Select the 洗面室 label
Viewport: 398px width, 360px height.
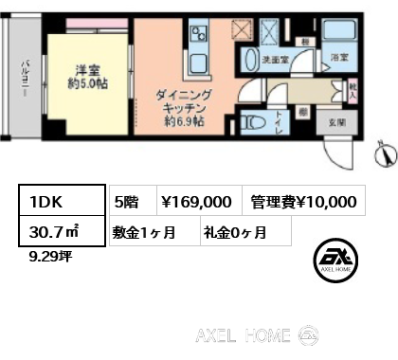[276, 59]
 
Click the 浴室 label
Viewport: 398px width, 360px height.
[338, 58]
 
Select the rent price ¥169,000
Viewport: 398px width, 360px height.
[197, 201]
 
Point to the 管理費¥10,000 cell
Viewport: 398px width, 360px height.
[303, 201]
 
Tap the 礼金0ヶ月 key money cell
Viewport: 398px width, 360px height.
[234, 231]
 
